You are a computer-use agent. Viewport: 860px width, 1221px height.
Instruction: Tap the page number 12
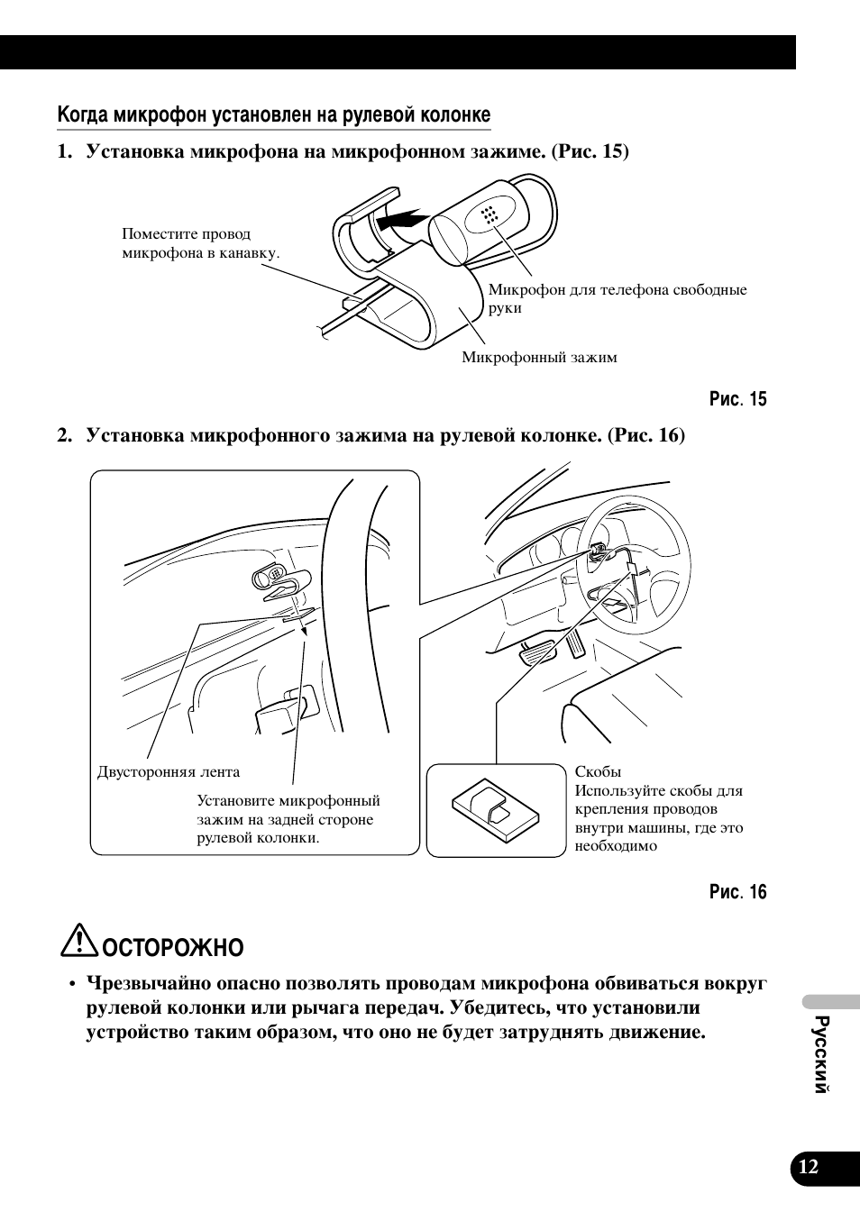809,1167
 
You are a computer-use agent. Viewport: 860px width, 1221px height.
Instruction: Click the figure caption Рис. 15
737,399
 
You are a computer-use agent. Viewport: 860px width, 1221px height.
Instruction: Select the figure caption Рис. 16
737,892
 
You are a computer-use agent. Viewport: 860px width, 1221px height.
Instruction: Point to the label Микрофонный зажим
539,358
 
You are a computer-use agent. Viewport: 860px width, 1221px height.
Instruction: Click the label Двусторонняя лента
169,772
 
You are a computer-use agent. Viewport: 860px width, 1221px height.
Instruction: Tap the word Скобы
598,772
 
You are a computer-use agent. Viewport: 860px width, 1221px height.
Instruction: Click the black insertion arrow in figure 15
401,219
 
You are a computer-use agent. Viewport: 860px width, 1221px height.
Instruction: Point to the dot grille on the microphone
489,214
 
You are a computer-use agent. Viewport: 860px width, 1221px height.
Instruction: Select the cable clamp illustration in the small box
495,809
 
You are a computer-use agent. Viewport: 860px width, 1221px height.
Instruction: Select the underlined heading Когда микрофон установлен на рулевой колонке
274,115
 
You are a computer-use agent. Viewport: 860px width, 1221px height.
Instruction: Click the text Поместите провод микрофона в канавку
200,243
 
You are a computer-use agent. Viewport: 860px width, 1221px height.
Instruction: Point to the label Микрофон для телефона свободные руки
617,298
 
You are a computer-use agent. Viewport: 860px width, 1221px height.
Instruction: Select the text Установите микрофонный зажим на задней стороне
288,810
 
